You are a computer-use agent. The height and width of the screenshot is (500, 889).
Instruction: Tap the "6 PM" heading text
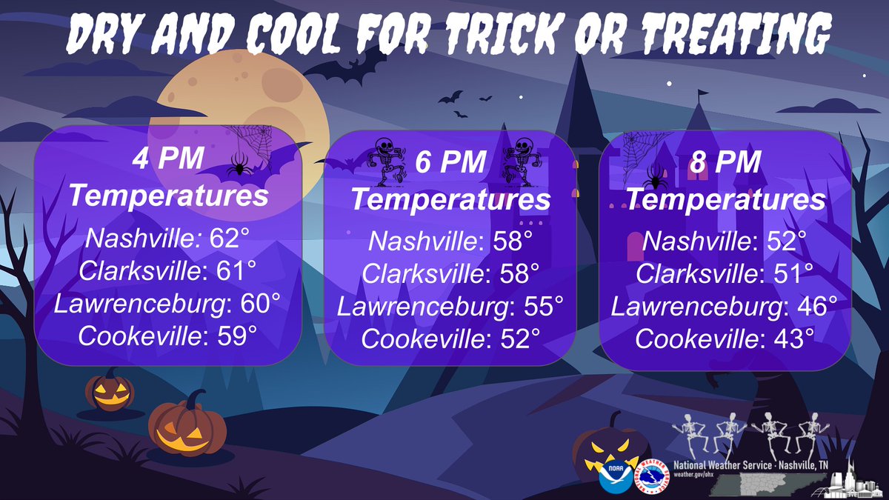tap(450, 162)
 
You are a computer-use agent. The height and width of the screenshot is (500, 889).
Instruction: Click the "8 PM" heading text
tap(725, 162)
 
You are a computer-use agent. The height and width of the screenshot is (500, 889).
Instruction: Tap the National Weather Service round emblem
tap(650, 475)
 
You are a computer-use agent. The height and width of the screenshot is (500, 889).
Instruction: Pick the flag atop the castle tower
tap(702, 94)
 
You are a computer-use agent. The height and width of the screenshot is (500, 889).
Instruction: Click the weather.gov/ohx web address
tap(691, 474)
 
